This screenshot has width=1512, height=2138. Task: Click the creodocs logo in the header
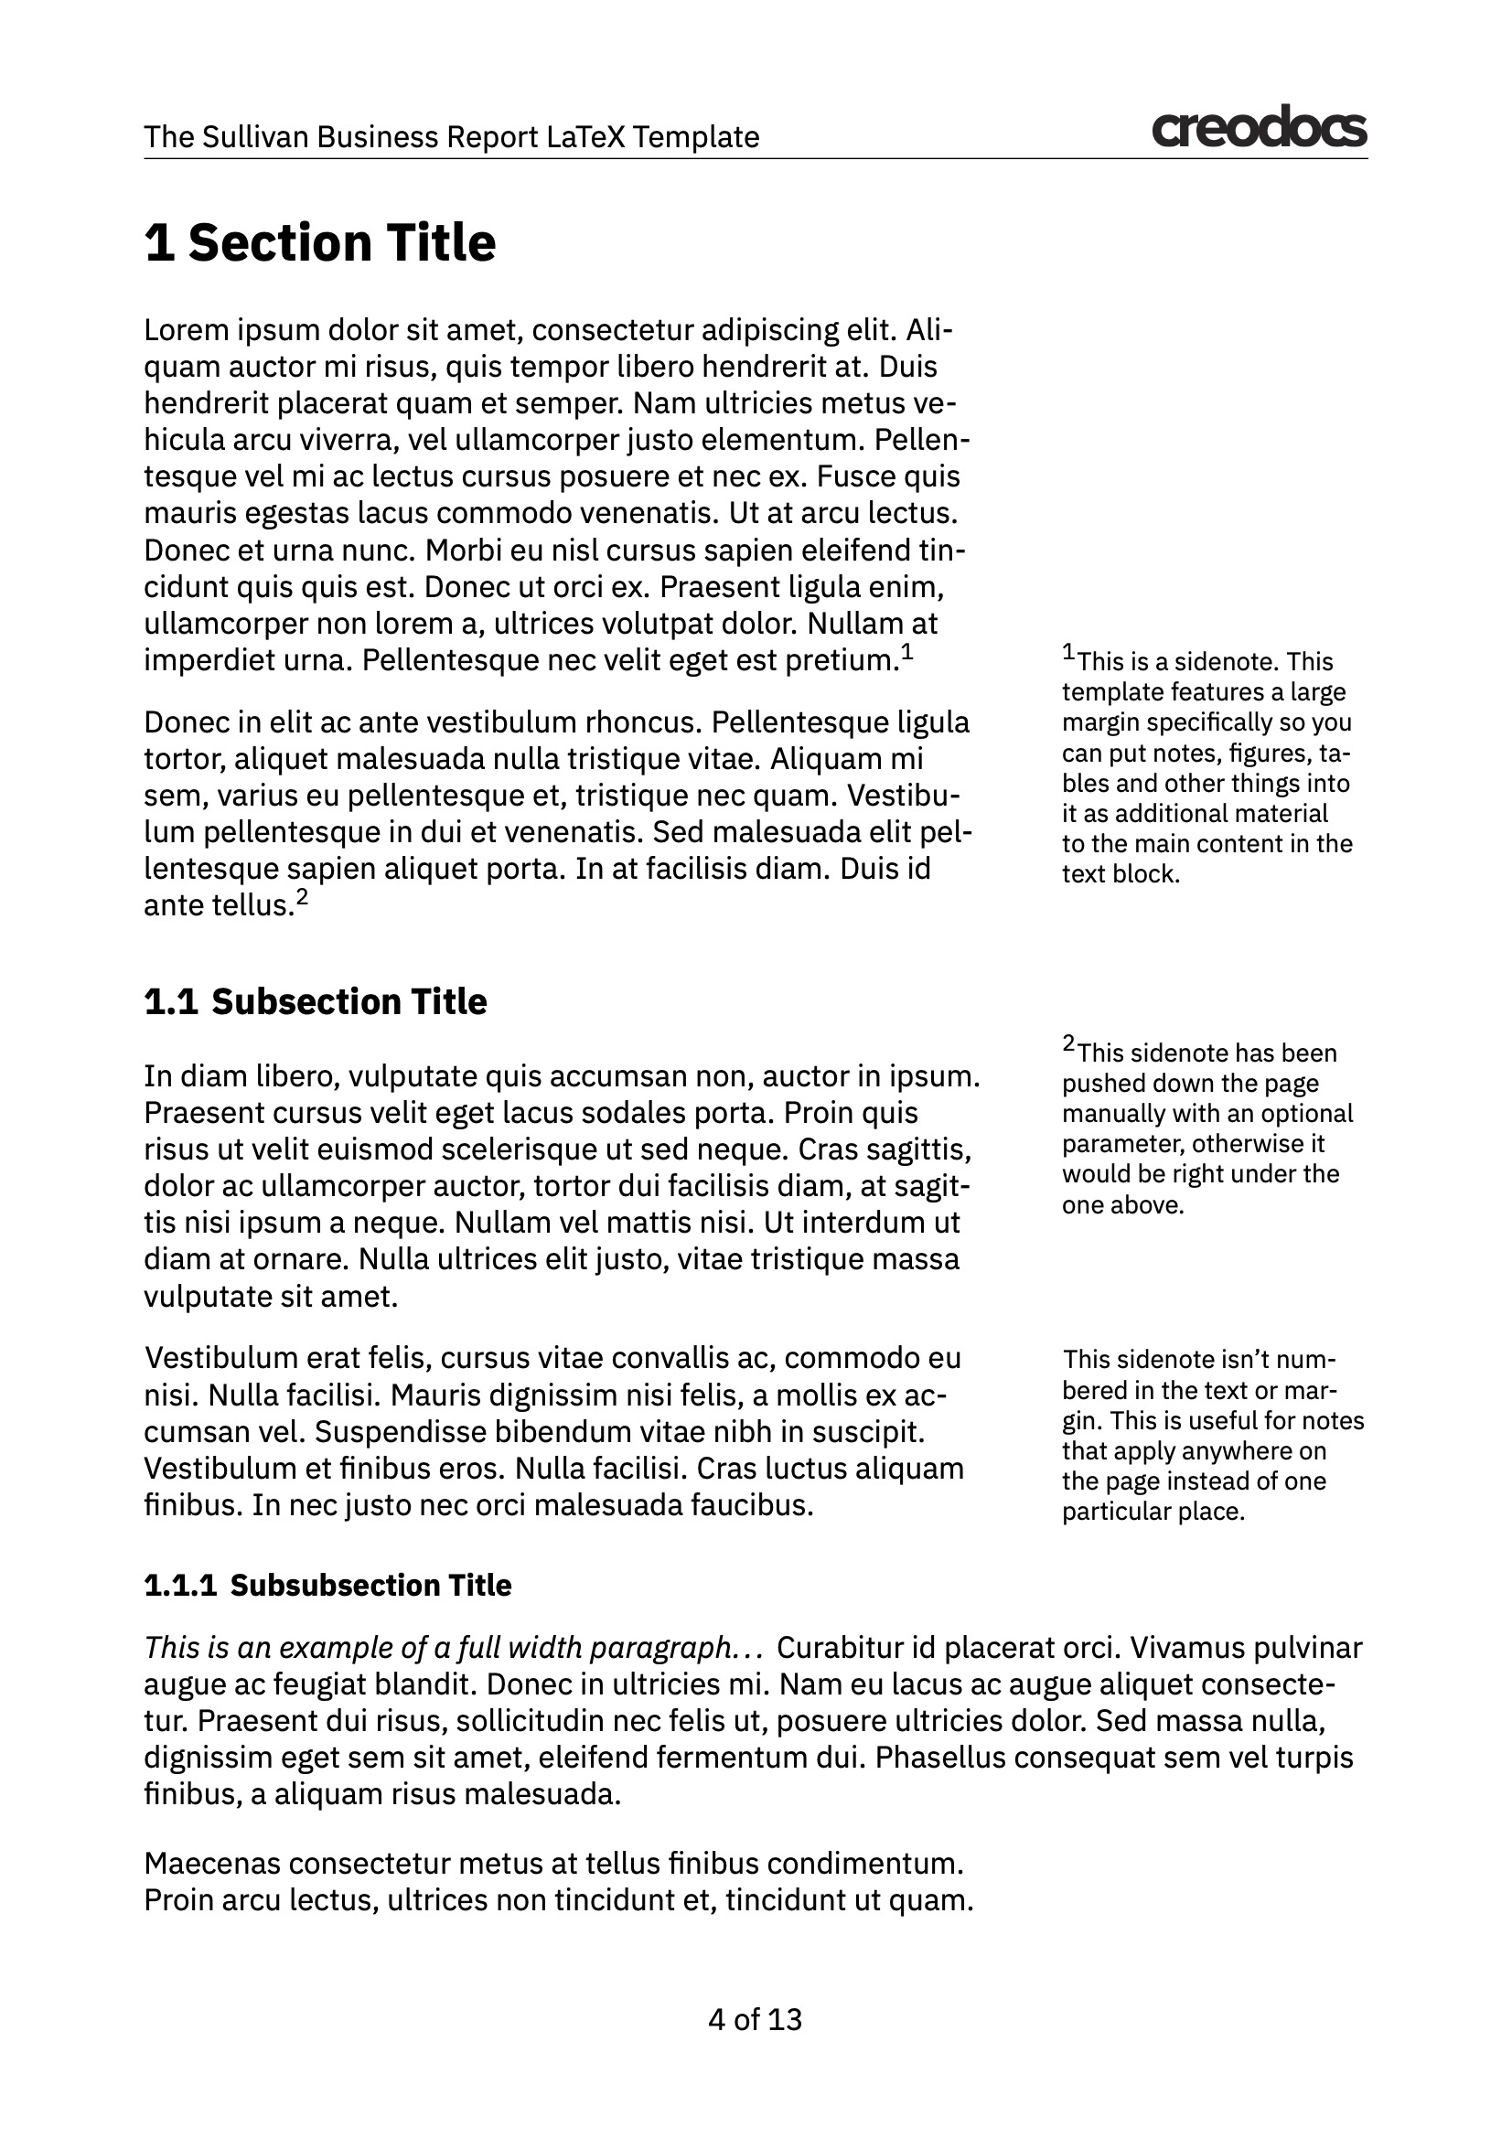pos(1259,129)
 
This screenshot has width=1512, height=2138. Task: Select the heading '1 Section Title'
pos(319,243)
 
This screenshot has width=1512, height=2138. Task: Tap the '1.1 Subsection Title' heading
pos(315,1002)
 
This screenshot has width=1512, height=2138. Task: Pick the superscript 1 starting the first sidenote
pos(1068,653)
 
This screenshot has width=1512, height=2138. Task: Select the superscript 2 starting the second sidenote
pos(1068,1044)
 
